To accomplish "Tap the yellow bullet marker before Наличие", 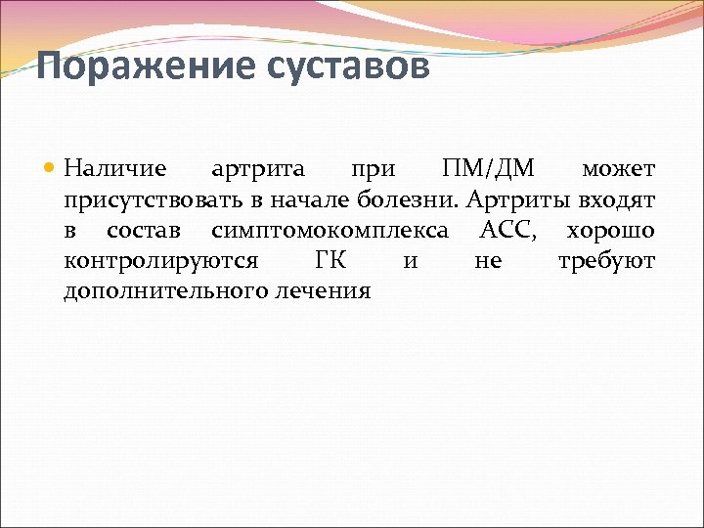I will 51,169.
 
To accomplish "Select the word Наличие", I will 114,169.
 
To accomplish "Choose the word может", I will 618,169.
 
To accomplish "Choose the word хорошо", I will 610,231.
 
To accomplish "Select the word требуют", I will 606,261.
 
